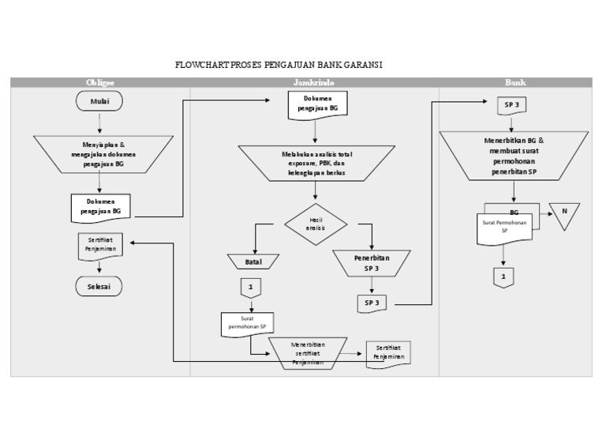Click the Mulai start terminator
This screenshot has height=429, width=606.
99,101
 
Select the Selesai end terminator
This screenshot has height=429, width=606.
99,285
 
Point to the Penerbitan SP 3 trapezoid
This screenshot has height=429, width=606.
372,263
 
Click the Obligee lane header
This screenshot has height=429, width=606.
99,82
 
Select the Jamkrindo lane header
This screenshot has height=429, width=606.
315,82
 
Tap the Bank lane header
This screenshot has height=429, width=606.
515,82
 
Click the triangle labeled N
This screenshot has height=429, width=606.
564,215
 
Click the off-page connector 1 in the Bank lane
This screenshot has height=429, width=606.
503,277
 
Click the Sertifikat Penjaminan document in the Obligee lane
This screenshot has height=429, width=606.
99,246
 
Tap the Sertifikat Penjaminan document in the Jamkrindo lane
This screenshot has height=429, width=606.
389,353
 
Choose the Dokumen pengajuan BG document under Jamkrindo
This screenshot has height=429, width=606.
316,103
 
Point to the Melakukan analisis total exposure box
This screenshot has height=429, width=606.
316,161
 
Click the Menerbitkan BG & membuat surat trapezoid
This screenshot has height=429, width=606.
514,155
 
